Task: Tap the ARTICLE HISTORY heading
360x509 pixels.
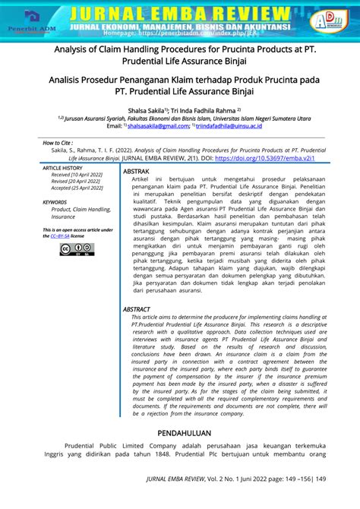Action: click(x=62, y=168)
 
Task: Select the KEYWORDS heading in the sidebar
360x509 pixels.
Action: click(x=55, y=202)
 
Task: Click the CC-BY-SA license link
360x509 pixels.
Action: click(x=60, y=236)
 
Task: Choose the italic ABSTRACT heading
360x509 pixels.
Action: click(x=137, y=310)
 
